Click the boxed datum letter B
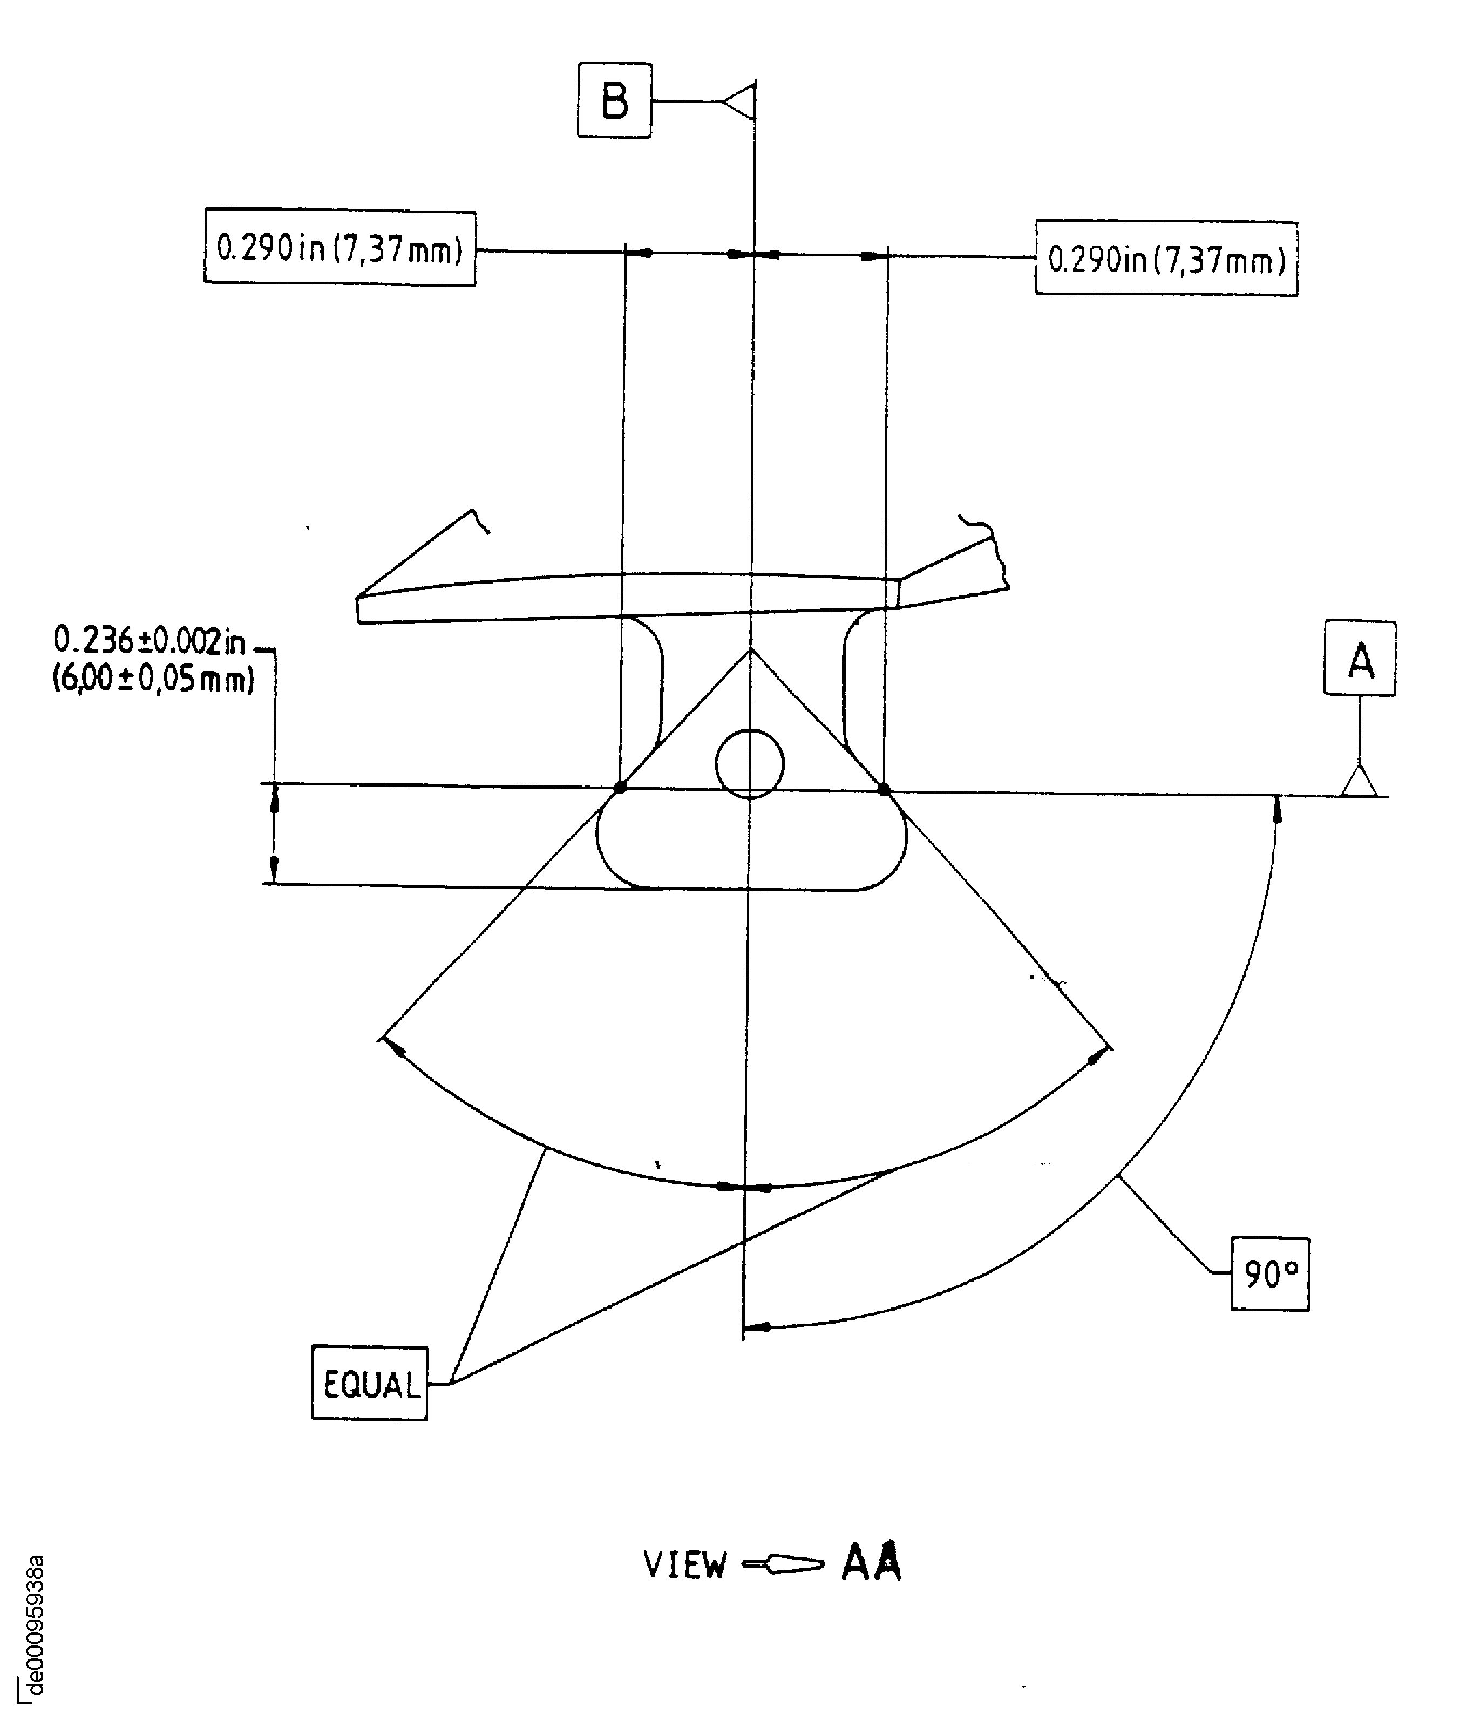[614, 100]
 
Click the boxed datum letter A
[1360, 658]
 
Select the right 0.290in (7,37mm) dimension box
[1166, 259]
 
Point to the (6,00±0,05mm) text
[153, 680]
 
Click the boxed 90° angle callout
[1269, 1274]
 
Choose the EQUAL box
[369, 1383]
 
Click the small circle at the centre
[749, 764]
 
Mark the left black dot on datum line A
[620, 787]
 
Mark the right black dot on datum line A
[884, 789]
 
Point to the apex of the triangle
[751, 649]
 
